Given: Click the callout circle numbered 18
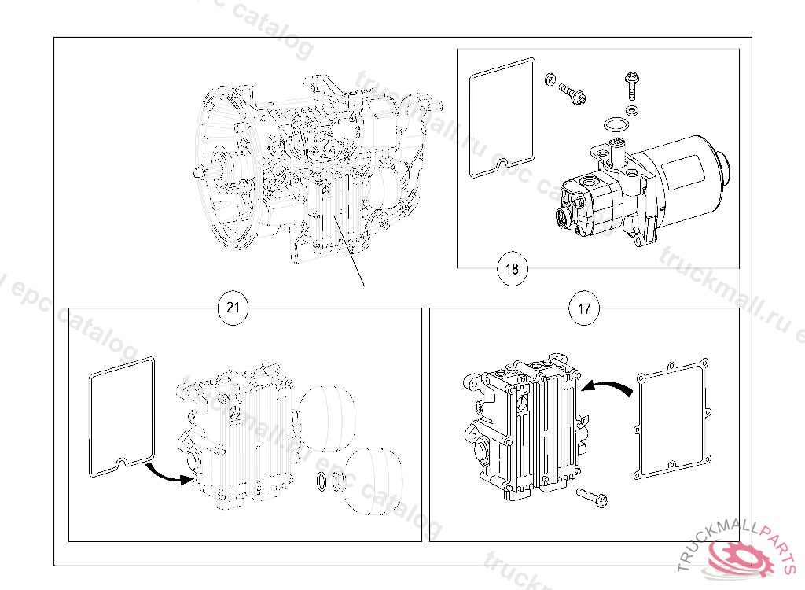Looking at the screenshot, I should coord(512,269).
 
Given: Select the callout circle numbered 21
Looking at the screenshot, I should coord(233,307).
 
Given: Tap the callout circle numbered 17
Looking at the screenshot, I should coord(584,308).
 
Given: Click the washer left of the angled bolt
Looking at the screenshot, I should coord(550,79).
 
